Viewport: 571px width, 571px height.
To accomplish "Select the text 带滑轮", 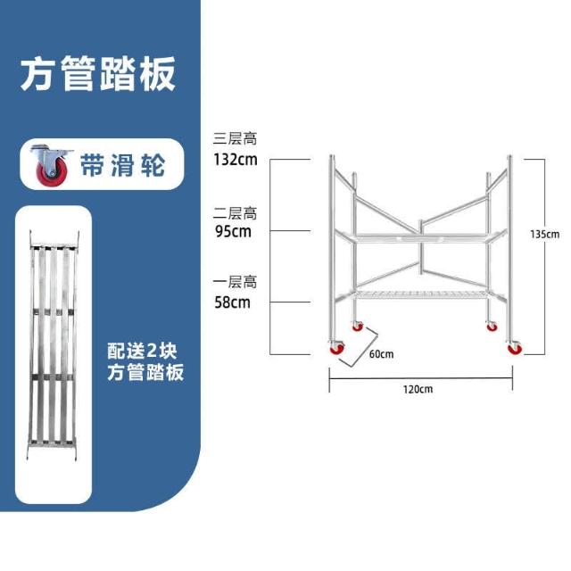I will click(x=122, y=165).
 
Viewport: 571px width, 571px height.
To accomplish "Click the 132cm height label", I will click(x=235, y=161).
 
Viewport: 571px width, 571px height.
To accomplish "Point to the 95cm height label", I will click(x=233, y=232).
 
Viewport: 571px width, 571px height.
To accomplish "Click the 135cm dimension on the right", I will click(x=544, y=234).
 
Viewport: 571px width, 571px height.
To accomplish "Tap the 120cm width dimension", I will click(x=418, y=389).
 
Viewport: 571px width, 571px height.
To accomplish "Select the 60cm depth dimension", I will click(x=381, y=353).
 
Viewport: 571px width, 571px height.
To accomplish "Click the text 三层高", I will click(x=235, y=140).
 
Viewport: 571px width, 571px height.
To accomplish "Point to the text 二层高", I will click(x=235, y=213).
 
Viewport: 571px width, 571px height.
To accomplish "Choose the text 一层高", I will click(x=235, y=282).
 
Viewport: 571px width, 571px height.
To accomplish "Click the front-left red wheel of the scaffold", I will click(x=335, y=349).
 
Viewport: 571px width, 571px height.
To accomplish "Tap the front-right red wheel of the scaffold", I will click(x=514, y=349).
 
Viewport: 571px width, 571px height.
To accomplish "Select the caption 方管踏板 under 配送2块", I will click(x=145, y=372).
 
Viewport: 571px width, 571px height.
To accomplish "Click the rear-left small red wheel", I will click(x=358, y=327).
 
